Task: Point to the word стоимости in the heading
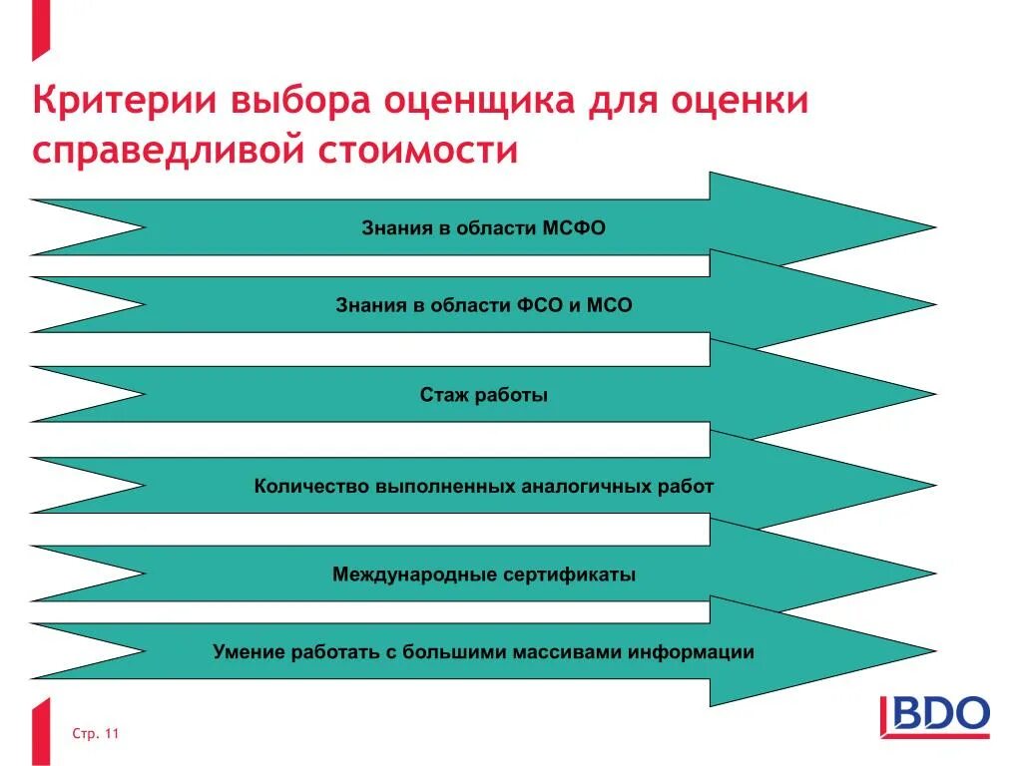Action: tap(419, 152)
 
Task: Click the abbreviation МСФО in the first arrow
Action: tap(574, 228)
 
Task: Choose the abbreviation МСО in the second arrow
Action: tap(609, 305)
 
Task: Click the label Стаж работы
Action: tap(484, 395)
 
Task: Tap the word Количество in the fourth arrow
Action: tap(310, 487)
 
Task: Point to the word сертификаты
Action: tap(576, 575)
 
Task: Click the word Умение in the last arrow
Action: tap(250, 653)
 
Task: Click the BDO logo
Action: tap(935, 716)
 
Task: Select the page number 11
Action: tap(111, 735)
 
